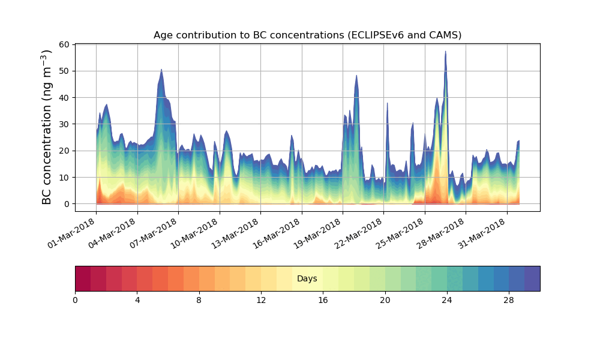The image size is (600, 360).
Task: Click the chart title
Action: click(307, 35)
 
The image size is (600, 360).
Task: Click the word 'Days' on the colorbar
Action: click(307, 279)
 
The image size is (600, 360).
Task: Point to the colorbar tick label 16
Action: click(323, 300)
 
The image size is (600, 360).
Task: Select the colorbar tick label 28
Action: click(509, 300)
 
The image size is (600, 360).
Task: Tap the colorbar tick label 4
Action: click(137, 300)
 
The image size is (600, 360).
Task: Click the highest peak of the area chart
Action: click(445, 52)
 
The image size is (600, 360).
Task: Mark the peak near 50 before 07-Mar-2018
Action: click(161, 70)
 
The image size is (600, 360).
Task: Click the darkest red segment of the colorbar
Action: click(83, 279)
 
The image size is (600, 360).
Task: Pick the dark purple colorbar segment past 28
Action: click(532, 279)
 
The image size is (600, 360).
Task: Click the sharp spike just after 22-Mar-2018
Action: click(387, 103)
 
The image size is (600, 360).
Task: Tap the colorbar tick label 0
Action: click(75, 300)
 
